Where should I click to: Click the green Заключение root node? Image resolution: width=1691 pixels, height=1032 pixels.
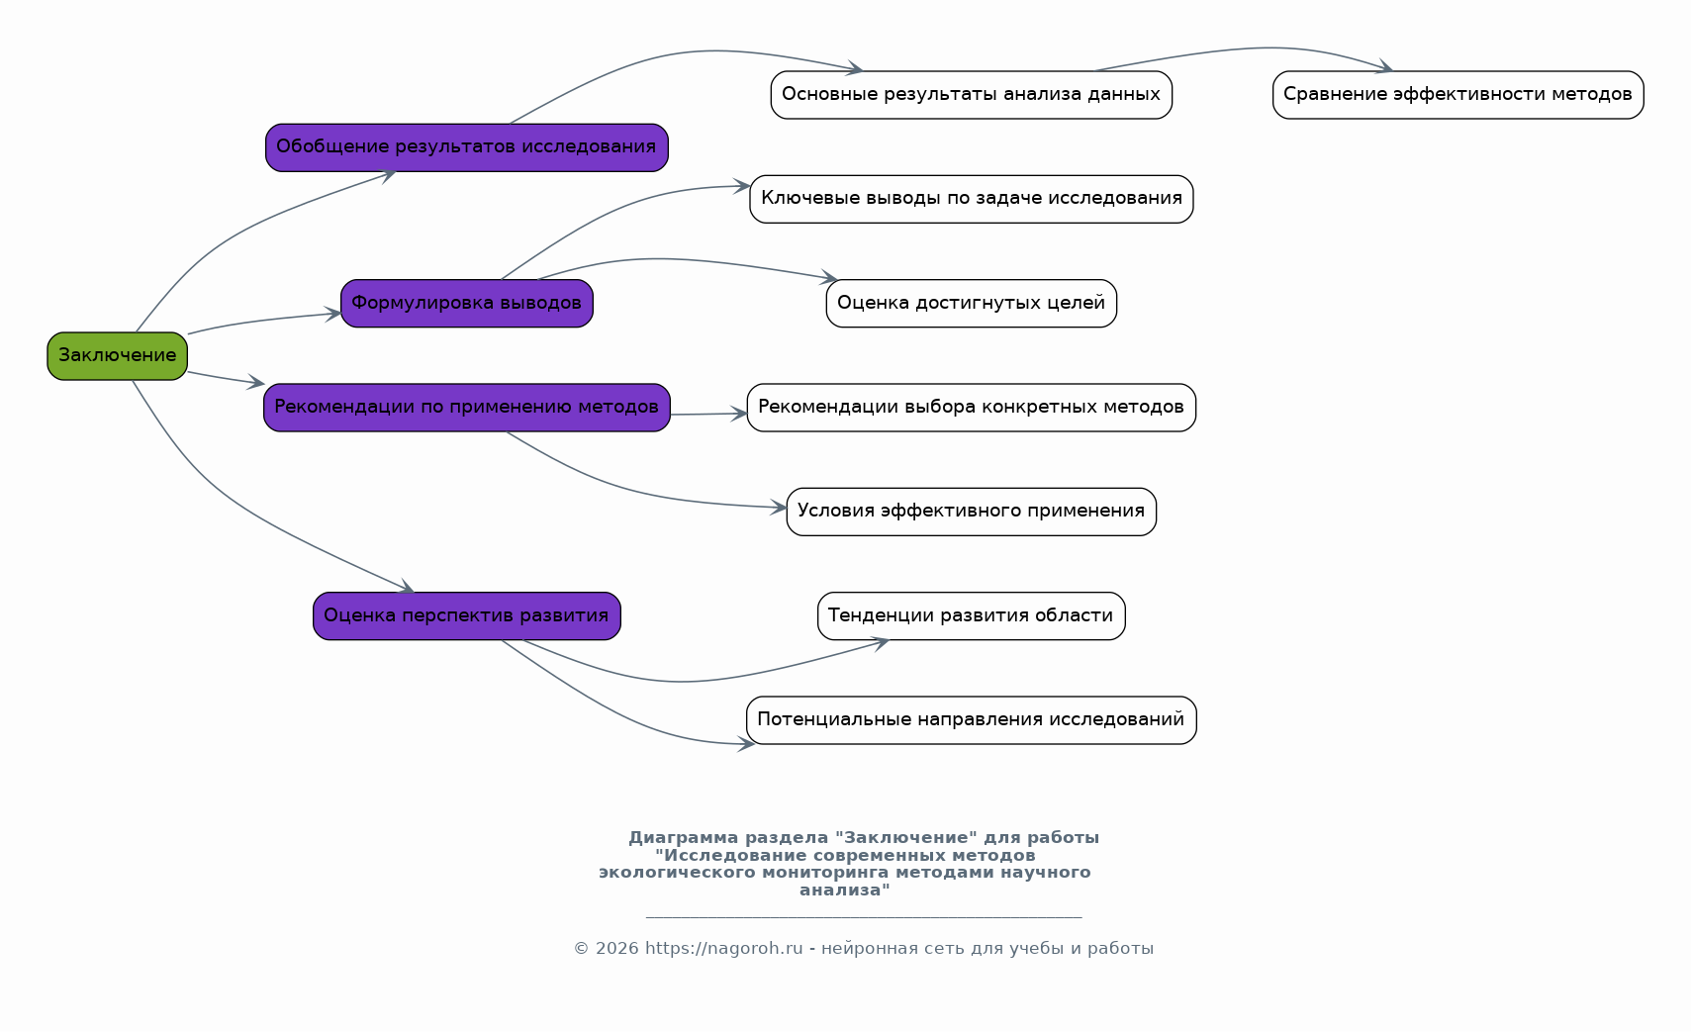tap(117, 356)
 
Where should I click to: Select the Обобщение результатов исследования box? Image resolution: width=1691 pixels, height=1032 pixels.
tap(467, 148)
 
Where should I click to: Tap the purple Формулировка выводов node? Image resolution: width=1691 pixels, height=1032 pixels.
tap(467, 304)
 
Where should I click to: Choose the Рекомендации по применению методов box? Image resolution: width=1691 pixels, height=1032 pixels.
tap(467, 408)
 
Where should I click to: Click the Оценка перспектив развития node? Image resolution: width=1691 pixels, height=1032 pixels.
tap(467, 616)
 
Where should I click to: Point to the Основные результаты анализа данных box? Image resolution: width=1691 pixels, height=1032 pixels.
tap(971, 95)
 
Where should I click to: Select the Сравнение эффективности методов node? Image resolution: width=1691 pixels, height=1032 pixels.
tap(1457, 95)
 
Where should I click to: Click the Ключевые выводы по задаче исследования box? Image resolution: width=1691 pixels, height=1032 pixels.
tap(971, 199)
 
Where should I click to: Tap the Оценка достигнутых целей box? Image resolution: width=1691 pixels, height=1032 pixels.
tap(971, 304)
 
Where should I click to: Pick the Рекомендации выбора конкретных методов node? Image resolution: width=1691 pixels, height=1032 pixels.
tap(971, 408)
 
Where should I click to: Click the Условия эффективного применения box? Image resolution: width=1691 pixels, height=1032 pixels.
tap(971, 512)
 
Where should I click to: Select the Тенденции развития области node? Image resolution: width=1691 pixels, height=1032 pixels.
tap(971, 616)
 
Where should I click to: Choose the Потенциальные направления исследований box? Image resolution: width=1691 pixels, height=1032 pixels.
tap(971, 720)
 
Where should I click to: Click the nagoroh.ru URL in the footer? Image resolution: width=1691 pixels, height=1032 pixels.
tap(723, 948)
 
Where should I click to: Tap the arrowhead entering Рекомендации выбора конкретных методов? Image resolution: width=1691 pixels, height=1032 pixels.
tap(738, 414)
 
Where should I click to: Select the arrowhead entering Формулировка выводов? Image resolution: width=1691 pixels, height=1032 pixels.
tap(332, 314)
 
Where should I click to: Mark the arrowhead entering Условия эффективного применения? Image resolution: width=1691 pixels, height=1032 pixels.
tap(778, 508)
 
